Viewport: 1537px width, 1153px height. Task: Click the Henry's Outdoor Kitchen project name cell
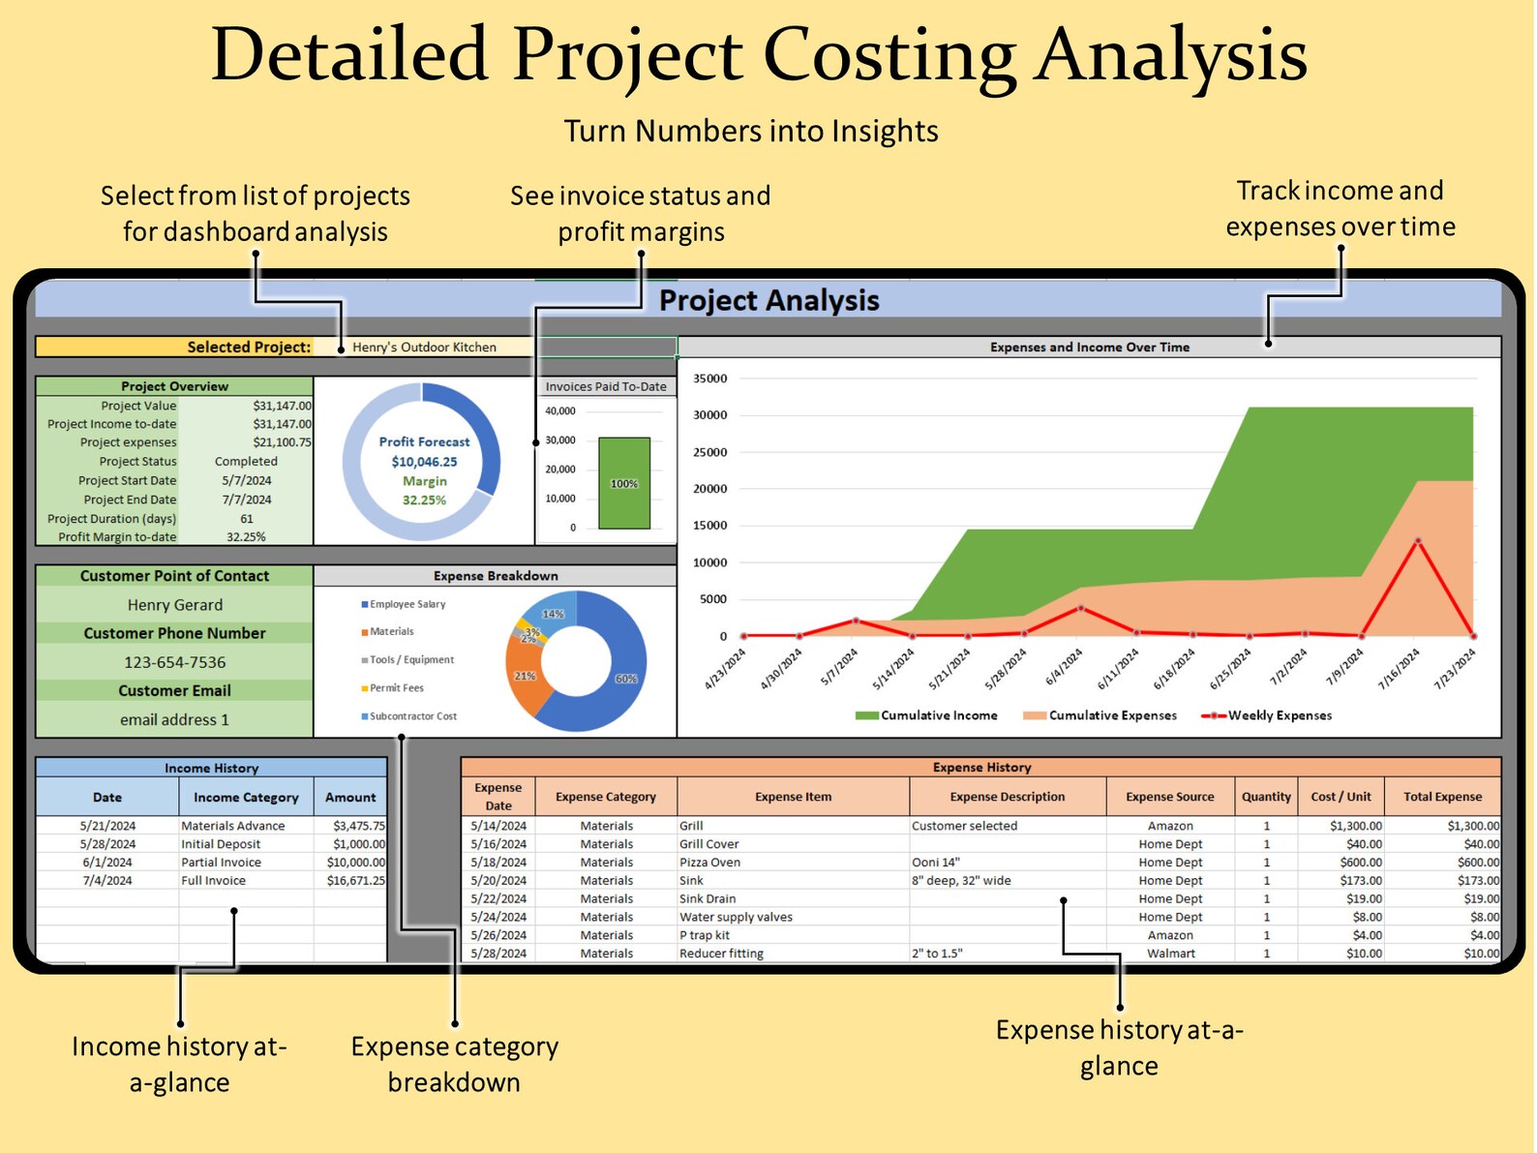tap(424, 347)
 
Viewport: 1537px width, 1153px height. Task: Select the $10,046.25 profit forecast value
tap(424, 462)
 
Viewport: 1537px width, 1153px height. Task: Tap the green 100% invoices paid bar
tap(624, 483)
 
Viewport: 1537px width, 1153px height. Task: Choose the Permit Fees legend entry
tap(396, 688)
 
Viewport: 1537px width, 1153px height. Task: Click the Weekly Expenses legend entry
tap(1278, 715)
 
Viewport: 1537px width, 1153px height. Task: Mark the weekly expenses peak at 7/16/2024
tap(1418, 541)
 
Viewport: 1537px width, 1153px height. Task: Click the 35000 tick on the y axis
tap(710, 379)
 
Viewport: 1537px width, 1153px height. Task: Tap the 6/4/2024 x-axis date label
tap(1066, 668)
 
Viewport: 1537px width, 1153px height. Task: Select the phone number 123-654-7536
tap(174, 662)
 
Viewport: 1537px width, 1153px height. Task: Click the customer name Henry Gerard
tap(174, 605)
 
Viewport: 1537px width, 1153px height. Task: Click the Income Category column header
tap(246, 798)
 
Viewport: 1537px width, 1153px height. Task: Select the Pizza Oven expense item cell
tap(709, 863)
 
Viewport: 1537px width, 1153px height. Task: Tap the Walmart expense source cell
tap(1170, 954)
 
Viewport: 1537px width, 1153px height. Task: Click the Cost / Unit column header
tap(1341, 797)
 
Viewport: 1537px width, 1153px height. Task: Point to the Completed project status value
tap(246, 462)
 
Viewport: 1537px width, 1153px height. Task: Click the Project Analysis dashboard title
tap(768, 300)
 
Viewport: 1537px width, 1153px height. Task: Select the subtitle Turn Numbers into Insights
tap(751, 131)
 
